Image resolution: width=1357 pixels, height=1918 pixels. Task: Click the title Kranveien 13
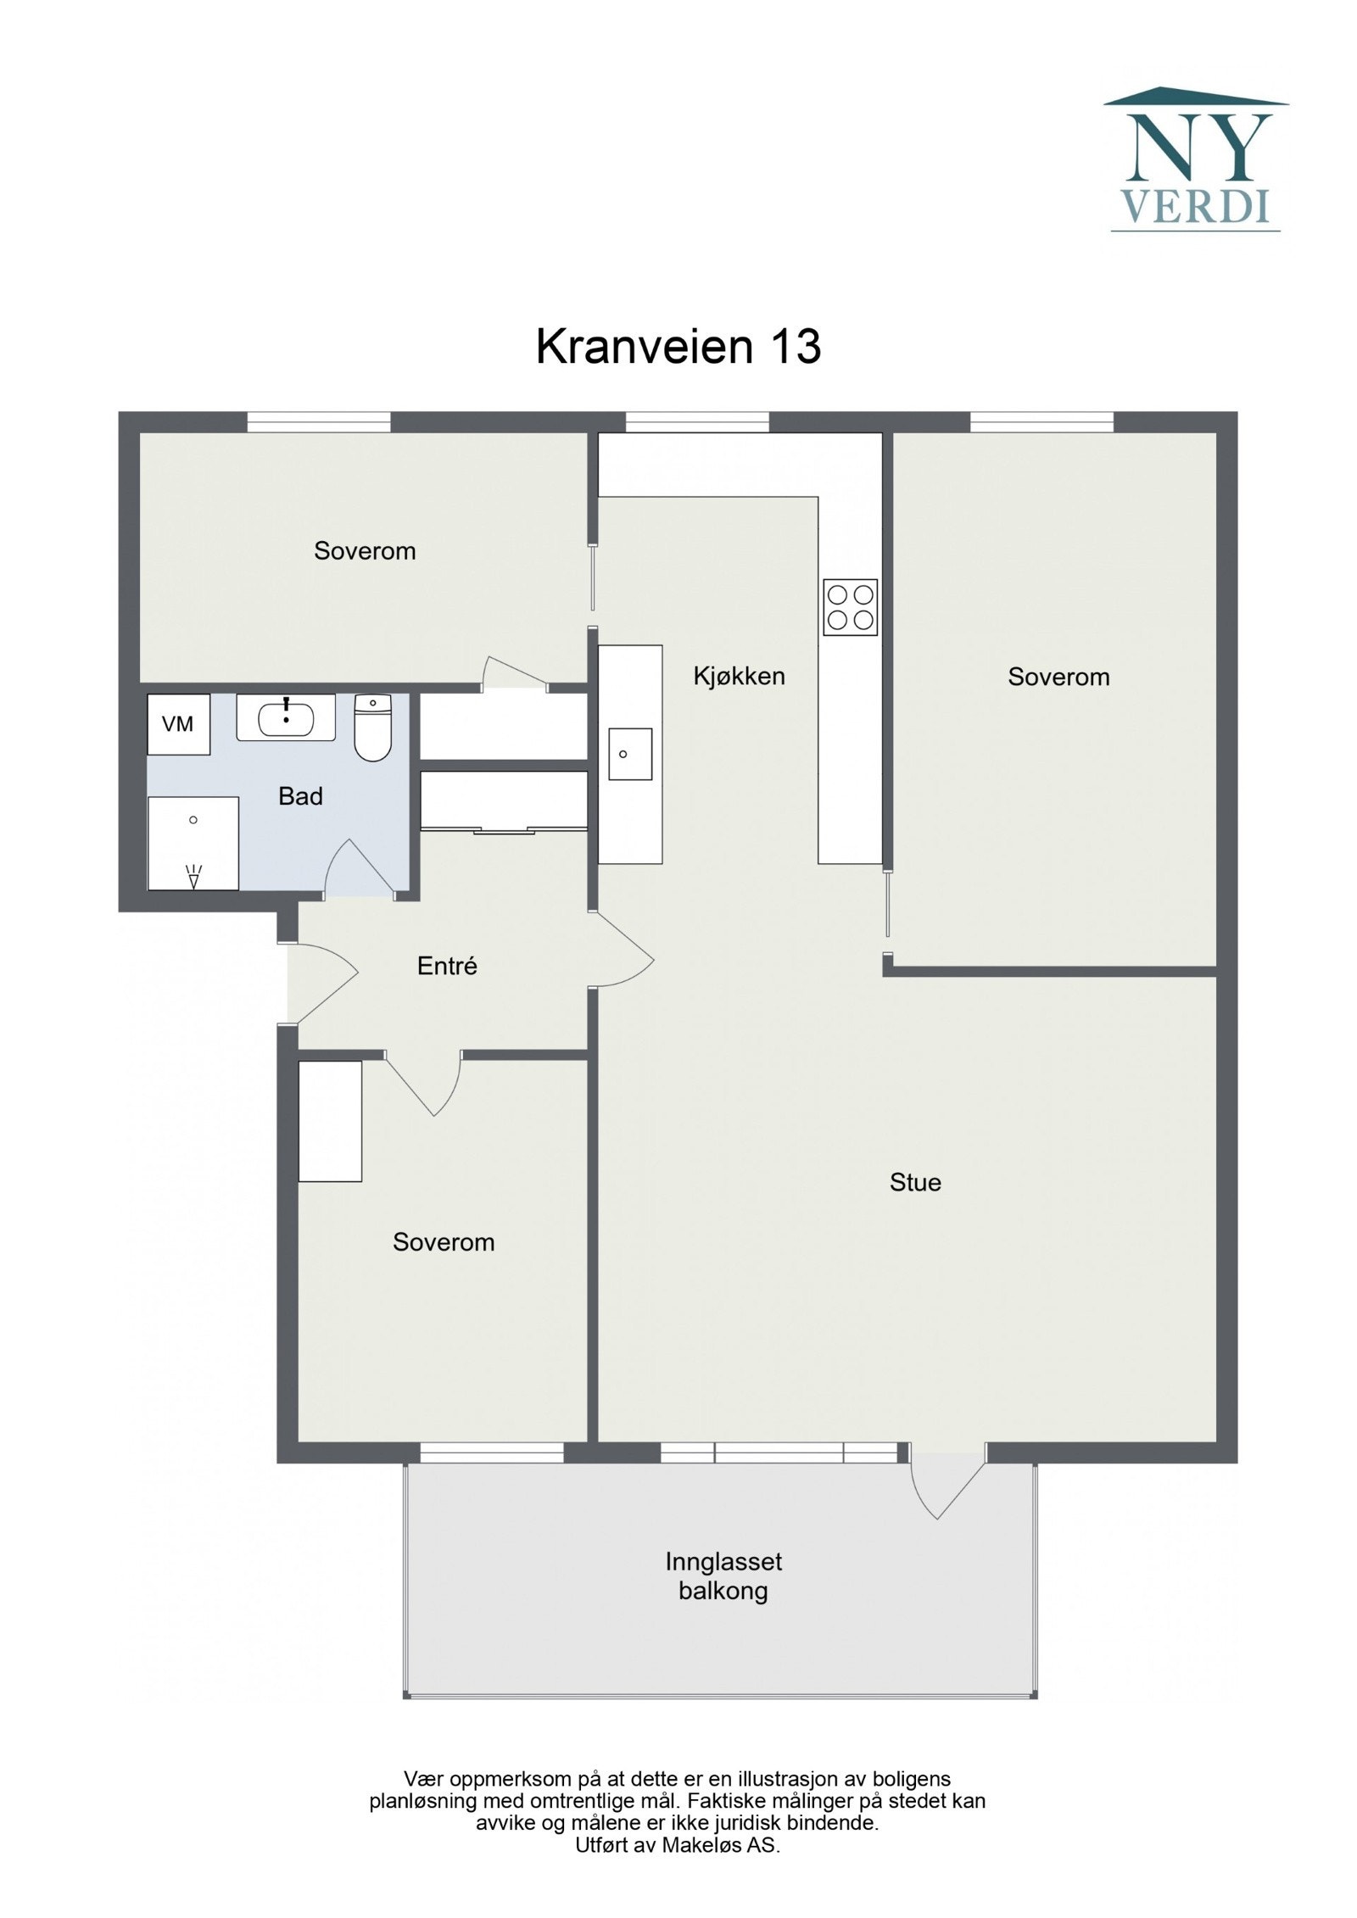point(678,347)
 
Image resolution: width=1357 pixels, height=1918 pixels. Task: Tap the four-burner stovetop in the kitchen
point(849,607)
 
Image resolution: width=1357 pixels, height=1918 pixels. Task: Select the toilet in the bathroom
point(371,728)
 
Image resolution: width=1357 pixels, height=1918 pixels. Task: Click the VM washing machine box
point(178,724)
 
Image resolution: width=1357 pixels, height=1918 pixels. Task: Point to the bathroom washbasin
point(286,718)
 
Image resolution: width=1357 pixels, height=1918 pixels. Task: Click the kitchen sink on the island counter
point(629,753)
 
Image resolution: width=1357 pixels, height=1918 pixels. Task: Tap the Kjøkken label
point(739,677)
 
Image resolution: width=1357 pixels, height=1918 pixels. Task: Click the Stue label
point(914,1182)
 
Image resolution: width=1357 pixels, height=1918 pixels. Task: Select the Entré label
point(447,966)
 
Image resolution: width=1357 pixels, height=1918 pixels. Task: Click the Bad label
point(300,796)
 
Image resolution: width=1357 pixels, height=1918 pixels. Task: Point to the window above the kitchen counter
point(697,421)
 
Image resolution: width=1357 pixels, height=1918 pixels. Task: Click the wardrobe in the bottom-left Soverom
point(330,1121)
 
